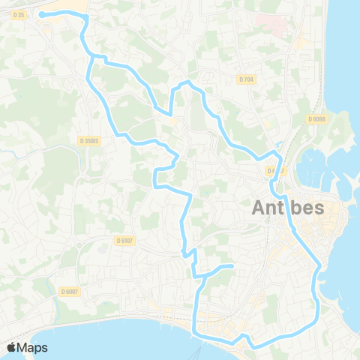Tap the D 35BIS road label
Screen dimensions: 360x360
click(90, 139)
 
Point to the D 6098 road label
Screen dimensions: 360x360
click(317, 118)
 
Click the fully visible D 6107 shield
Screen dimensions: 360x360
click(124, 240)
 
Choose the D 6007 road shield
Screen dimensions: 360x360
click(69, 291)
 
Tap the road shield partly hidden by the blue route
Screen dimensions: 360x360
click(274, 171)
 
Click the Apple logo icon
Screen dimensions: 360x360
click(11, 347)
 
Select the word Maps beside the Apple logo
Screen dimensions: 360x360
click(33, 347)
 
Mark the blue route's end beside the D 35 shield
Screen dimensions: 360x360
click(41, 14)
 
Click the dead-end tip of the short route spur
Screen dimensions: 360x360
click(232, 266)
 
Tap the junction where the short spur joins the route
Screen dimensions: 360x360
click(201, 278)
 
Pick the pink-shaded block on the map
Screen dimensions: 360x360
click(278, 27)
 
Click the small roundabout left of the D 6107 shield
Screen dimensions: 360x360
click(79, 244)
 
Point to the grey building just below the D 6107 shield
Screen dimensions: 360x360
click(125, 252)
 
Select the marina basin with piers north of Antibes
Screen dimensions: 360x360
click(319, 169)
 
